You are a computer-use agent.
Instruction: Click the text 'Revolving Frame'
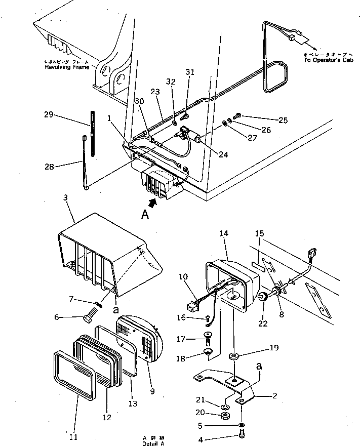[67, 67]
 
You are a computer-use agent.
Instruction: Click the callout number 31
[190, 72]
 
